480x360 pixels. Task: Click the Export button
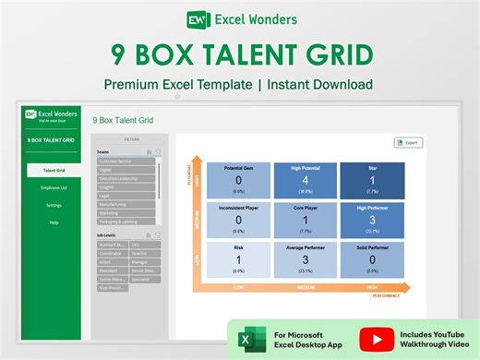[x=408, y=142]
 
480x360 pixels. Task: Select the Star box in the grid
[x=372, y=181]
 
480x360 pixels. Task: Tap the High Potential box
[x=305, y=181]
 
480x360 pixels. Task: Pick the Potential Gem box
[x=239, y=181]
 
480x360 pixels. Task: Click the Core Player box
[x=305, y=221]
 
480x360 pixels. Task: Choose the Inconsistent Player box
[x=239, y=221]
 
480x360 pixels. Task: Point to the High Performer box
[x=372, y=221]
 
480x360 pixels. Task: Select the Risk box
[x=239, y=260]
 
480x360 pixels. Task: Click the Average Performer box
[x=305, y=260]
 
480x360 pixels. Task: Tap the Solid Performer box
[x=372, y=260]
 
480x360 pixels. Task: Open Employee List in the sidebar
[x=54, y=187]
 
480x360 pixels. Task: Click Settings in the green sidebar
[x=54, y=205]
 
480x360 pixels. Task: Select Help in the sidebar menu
[x=54, y=222]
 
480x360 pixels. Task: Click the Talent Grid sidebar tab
[x=54, y=170]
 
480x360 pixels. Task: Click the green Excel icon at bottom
[x=247, y=340]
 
